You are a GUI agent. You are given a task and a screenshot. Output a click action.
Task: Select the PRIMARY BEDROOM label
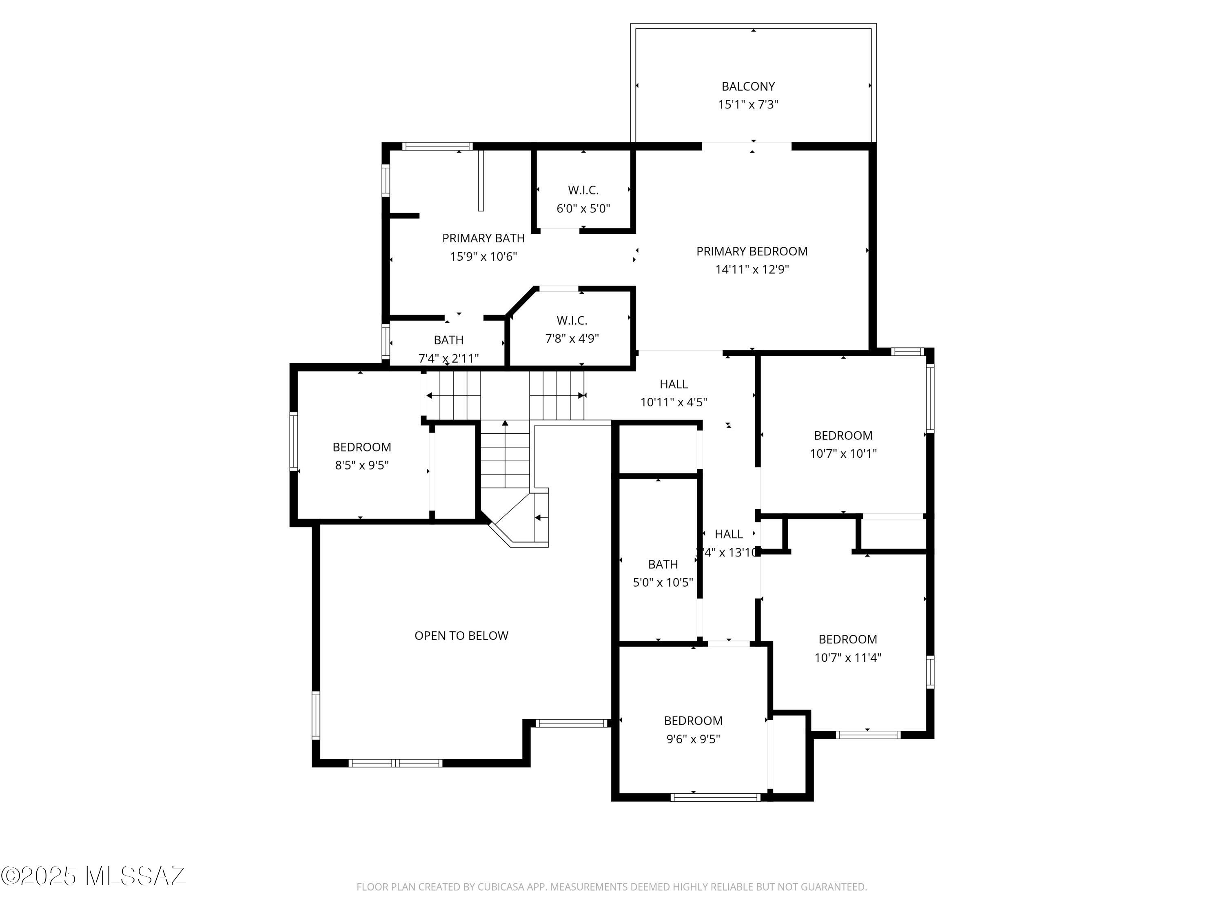click(x=752, y=251)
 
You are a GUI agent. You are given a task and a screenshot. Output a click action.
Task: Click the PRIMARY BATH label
click(x=483, y=238)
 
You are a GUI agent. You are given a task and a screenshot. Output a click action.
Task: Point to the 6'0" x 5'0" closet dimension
click(x=583, y=208)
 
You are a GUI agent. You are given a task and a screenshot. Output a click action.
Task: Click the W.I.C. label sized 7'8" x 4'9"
click(x=572, y=320)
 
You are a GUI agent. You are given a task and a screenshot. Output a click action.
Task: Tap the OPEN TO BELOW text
click(x=461, y=635)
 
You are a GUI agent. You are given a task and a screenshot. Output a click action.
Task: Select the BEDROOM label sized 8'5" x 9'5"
click(x=361, y=447)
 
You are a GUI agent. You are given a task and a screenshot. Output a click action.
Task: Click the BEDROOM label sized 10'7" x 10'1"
click(x=843, y=435)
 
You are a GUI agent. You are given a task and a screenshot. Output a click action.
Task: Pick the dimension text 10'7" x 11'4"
click(x=847, y=657)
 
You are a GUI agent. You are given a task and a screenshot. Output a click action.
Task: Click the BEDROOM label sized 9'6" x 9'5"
click(x=693, y=721)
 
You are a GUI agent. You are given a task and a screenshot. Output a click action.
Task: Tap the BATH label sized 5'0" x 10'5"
click(x=662, y=564)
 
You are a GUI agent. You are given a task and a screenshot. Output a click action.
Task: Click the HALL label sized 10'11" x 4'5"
click(x=674, y=384)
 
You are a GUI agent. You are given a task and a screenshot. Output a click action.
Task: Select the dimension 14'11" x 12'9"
click(x=752, y=269)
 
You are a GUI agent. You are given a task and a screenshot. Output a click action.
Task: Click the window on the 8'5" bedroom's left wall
click(x=294, y=441)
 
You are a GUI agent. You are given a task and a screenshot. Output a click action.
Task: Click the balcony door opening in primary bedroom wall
click(x=747, y=146)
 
